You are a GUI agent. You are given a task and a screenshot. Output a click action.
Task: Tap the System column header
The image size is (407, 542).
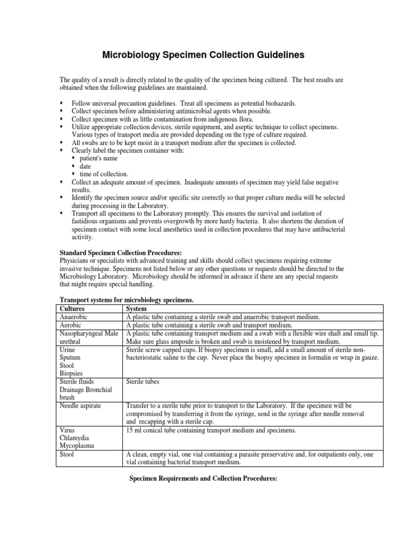(137, 308)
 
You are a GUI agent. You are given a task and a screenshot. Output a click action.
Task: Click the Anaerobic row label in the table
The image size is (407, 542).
(75, 317)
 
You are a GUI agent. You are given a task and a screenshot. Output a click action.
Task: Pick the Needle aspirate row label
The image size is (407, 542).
(81, 405)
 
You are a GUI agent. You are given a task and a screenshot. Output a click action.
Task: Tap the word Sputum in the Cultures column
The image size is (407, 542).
(71, 358)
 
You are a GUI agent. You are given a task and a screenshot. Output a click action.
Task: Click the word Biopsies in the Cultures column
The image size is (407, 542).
(73, 373)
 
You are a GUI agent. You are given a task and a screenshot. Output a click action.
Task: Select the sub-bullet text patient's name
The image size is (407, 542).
(99, 158)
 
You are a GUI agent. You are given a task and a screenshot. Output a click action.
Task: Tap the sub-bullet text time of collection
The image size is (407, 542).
(104, 174)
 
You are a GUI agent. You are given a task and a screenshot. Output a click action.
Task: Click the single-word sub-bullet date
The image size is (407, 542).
(85, 166)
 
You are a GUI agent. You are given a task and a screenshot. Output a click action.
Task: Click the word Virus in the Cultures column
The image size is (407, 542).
(68, 430)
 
